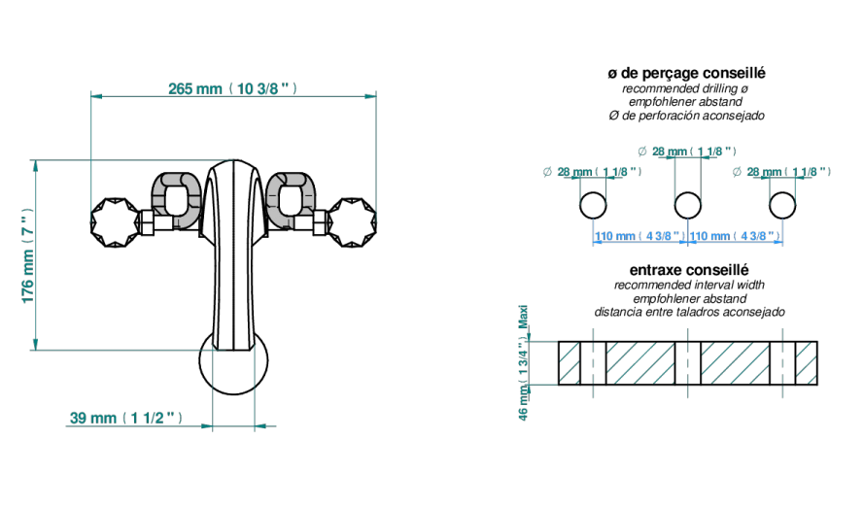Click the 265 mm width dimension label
click(232, 88)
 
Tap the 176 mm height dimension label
click(27, 255)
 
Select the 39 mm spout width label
click(125, 419)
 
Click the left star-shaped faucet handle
click(115, 222)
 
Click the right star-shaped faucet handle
click(352, 222)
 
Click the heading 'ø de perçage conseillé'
click(686, 73)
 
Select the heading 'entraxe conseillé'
click(689, 270)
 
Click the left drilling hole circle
click(593, 206)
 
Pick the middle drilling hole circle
click(688, 206)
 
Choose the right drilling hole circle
click(782, 206)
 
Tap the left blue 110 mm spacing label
click(640, 236)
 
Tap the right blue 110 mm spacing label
click(735, 236)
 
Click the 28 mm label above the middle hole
click(687, 151)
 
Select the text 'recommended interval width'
click(689, 285)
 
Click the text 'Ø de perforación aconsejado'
click(686, 116)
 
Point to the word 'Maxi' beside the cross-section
click(524, 317)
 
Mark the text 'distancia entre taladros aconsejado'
click(689, 312)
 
